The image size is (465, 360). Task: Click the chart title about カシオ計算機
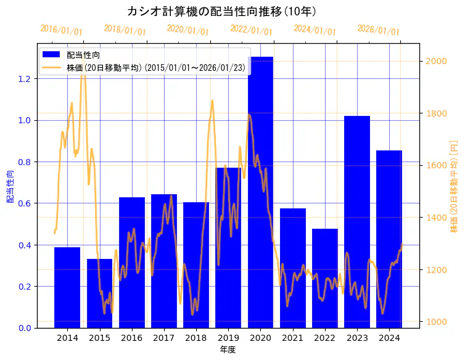point(222,12)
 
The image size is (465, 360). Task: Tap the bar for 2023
point(357,222)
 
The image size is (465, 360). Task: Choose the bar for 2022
point(325,278)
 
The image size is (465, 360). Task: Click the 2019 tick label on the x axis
point(228,338)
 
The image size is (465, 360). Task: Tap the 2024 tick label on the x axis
point(389,338)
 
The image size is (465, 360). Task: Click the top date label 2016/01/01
point(61,30)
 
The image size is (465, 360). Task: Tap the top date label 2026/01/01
point(378,30)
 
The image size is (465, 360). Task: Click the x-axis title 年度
point(228,350)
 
